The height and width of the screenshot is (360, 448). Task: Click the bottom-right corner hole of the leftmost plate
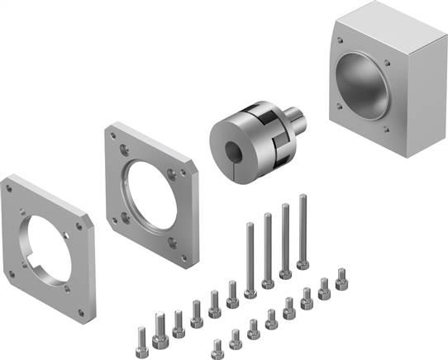pos(81,312)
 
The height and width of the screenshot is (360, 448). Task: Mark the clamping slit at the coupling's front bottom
pos(235,159)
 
